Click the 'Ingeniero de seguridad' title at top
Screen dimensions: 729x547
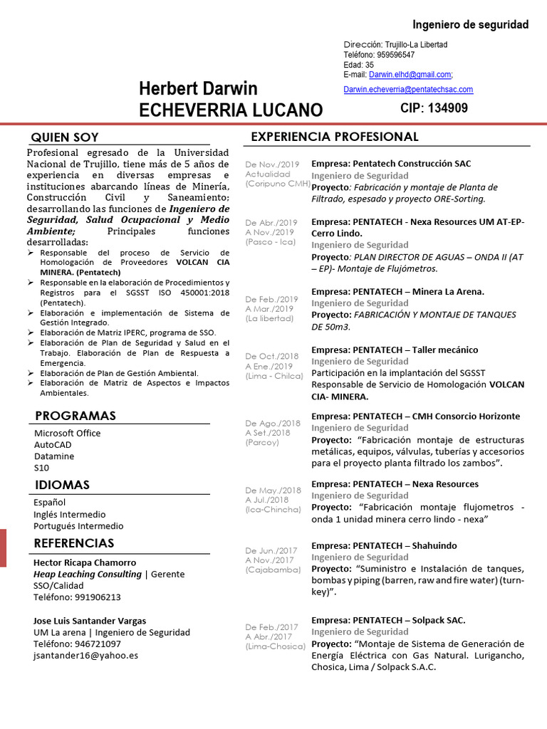point(471,25)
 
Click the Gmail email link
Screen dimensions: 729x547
point(410,75)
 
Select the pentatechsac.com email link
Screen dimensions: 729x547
point(408,90)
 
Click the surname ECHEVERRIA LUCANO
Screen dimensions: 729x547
point(231,110)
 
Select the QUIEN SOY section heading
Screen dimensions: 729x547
point(65,137)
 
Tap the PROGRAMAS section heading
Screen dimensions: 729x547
point(75,416)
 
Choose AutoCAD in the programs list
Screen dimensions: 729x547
point(53,444)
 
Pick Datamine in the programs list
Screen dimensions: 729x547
point(54,456)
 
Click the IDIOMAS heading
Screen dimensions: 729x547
point(63,486)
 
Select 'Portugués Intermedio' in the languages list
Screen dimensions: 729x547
point(78,526)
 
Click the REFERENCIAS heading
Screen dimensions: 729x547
point(74,543)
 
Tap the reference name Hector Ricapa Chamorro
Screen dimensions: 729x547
point(85,562)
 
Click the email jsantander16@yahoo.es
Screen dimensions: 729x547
point(85,656)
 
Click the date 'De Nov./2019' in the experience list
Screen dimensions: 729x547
point(271,164)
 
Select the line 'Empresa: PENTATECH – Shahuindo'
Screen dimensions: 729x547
point(384,545)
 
